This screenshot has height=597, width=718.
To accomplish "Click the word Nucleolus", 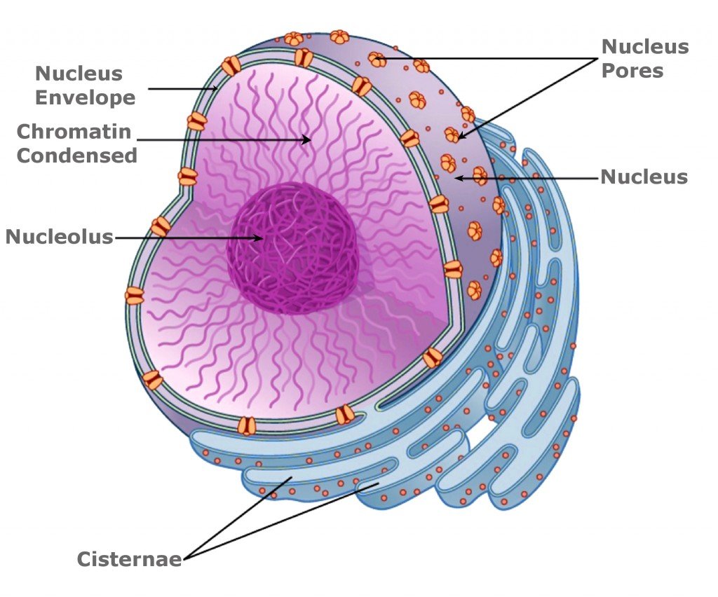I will (x=59, y=237).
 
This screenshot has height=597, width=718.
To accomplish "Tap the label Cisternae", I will (x=129, y=559).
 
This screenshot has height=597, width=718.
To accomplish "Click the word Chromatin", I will (x=74, y=131).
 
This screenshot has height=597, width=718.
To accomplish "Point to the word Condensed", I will (x=76, y=155).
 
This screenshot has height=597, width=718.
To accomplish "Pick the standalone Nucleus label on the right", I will (x=644, y=177).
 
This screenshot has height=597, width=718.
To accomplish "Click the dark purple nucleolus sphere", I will (x=294, y=249).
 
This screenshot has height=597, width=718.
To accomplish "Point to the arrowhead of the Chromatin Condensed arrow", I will (x=308, y=139).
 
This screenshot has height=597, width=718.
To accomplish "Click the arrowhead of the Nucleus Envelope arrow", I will (x=215, y=89).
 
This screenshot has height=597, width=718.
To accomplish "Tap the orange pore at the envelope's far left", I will (x=134, y=295).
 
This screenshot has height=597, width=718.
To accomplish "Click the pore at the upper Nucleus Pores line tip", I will (x=377, y=60).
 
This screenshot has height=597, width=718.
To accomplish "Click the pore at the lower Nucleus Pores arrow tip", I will (x=452, y=135).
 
